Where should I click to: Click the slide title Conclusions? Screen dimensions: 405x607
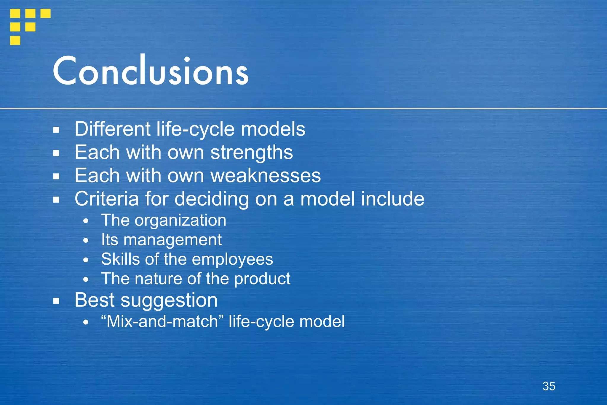click(x=151, y=71)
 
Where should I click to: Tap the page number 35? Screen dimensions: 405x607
click(x=549, y=386)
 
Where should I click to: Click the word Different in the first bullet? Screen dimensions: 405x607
click(x=113, y=129)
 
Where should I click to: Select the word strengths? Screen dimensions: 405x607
click(x=252, y=153)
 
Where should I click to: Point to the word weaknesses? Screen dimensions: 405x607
click(x=266, y=176)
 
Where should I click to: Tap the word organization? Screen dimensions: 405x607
click(x=180, y=220)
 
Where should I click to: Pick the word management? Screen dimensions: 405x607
click(x=172, y=240)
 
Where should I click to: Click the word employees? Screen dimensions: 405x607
click(x=232, y=259)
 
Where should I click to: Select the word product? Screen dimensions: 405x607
click(x=262, y=279)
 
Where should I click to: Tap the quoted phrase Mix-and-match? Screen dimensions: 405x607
click(x=162, y=321)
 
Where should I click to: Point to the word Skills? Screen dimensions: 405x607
click(x=120, y=259)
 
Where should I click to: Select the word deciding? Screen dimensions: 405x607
click(x=212, y=199)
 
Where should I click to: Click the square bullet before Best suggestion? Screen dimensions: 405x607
click(x=56, y=301)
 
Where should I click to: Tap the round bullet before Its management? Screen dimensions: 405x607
click(x=86, y=241)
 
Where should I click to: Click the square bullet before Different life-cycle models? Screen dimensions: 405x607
click(x=56, y=130)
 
